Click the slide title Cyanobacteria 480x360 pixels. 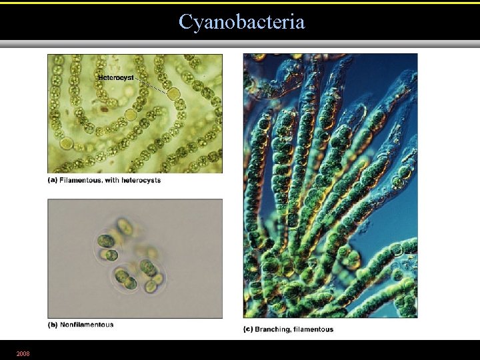point(241,22)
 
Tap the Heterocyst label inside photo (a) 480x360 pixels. point(116,77)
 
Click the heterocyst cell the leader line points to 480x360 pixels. point(173,93)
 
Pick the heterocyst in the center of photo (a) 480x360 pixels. point(131,114)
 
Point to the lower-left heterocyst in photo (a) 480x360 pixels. point(65,143)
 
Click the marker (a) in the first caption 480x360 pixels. point(52,180)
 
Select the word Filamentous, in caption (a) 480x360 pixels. point(79,180)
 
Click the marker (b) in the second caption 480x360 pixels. point(52,325)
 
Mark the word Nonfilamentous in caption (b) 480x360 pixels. point(87,325)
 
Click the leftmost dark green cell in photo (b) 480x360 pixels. point(105,240)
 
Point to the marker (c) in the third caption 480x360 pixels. point(248,329)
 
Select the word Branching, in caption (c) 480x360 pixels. point(273,329)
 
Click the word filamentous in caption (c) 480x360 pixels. point(313,329)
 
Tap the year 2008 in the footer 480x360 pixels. point(23,352)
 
